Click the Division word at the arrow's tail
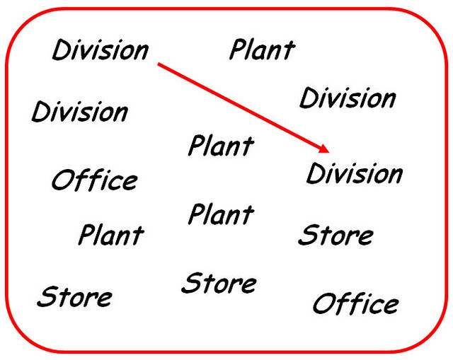click(101, 50)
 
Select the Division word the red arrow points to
click(354, 173)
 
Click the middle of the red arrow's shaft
click(243, 107)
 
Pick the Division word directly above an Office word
click(79, 112)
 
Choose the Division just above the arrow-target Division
click(348, 98)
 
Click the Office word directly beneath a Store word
click(355, 304)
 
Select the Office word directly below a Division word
click(94, 180)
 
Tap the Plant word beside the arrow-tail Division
click(262, 50)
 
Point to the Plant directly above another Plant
click(220, 146)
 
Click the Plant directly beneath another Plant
click(220, 214)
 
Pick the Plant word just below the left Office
click(110, 234)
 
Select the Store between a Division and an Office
click(336, 235)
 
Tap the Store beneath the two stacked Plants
click(219, 283)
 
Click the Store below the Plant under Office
click(74, 296)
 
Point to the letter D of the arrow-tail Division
click(61, 50)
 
